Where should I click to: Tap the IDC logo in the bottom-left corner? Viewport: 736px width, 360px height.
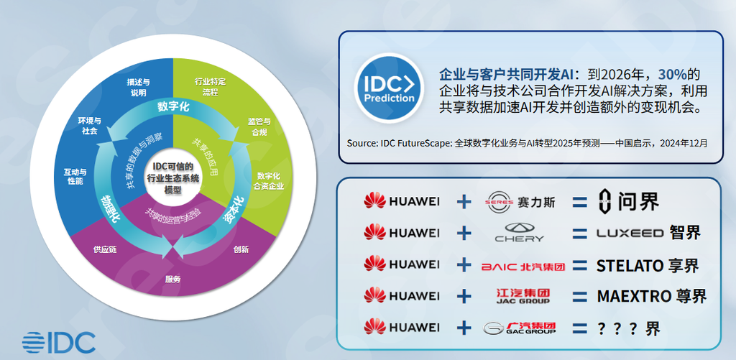click(59, 343)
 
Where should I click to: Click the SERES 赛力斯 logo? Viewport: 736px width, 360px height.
click(521, 203)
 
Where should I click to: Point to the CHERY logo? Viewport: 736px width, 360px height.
click(519, 232)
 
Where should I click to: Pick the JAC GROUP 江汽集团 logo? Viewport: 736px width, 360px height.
click(523, 296)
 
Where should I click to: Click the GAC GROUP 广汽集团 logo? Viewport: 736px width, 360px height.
click(520, 328)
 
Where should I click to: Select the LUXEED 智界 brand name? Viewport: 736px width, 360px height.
click(648, 232)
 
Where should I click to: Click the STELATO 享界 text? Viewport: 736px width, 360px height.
click(648, 266)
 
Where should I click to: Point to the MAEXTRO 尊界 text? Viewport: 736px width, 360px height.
click(651, 296)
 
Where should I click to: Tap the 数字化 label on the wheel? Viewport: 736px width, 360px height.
click(173, 106)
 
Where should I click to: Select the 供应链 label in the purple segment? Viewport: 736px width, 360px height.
click(105, 249)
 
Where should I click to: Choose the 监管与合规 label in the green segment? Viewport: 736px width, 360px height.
click(259, 126)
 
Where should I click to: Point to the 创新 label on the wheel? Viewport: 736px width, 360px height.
click(241, 249)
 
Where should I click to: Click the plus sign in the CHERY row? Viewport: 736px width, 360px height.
click(464, 232)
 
